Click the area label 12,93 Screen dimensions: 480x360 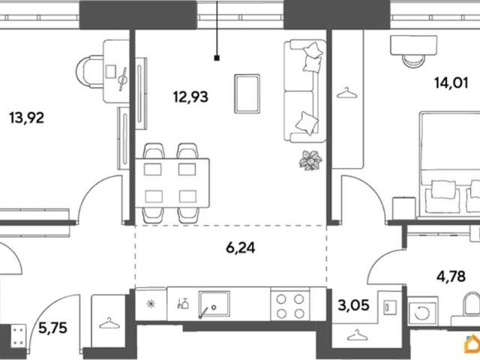(190, 97)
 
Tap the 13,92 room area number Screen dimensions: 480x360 (27, 118)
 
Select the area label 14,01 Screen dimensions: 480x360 (451, 83)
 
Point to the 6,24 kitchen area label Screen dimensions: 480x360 (240, 247)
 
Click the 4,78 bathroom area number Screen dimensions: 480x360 (451, 277)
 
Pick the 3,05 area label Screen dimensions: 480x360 (353, 305)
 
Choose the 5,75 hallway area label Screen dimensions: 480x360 (52, 328)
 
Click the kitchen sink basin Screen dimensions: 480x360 (214, 304)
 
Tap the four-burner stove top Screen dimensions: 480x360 (290, 306)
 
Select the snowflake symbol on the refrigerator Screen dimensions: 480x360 (151, 304)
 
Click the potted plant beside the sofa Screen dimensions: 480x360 (310, 160)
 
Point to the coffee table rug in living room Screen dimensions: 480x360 (247, 94)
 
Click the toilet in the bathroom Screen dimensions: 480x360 (471, 304)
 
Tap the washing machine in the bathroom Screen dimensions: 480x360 (423, 313)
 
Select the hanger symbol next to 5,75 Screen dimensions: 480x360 (108, 323)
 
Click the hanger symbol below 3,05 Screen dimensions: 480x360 (357, 335)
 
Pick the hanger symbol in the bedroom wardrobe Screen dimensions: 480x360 (346, 93)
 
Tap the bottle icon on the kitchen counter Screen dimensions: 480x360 (183, 303)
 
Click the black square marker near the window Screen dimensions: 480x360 (217, 58)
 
